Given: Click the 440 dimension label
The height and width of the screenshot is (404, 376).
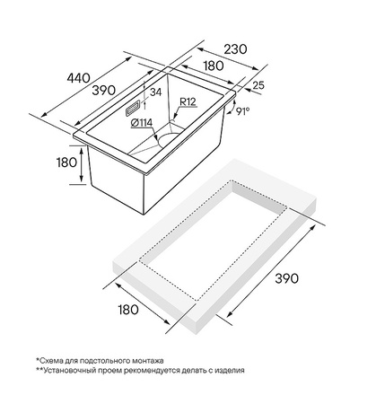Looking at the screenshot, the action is click(78, 78).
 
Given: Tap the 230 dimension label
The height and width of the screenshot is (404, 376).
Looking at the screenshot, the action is click(236, 49).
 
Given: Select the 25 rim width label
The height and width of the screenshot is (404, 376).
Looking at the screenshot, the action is click(258, 85).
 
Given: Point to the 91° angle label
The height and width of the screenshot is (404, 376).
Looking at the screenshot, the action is click(242, 111).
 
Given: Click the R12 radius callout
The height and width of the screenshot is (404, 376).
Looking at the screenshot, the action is click(188, 102).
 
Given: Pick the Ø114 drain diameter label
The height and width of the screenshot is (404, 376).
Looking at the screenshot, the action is click(142, 123).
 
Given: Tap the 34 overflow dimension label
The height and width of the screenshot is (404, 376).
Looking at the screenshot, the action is click(155, 92).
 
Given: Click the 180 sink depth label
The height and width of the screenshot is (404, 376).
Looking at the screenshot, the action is click(66, 162).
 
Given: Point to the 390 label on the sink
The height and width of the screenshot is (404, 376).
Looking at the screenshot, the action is click(103, 90).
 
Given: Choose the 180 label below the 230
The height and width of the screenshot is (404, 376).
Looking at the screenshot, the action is click(214, 66).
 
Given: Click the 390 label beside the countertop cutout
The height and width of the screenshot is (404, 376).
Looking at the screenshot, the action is click(287, 278).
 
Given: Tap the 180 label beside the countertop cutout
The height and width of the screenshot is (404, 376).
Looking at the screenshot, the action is click(128, 310).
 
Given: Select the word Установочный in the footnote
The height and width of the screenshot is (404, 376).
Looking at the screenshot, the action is click(64, 371).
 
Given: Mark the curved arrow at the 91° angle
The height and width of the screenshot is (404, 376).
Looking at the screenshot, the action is click(231, 108).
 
